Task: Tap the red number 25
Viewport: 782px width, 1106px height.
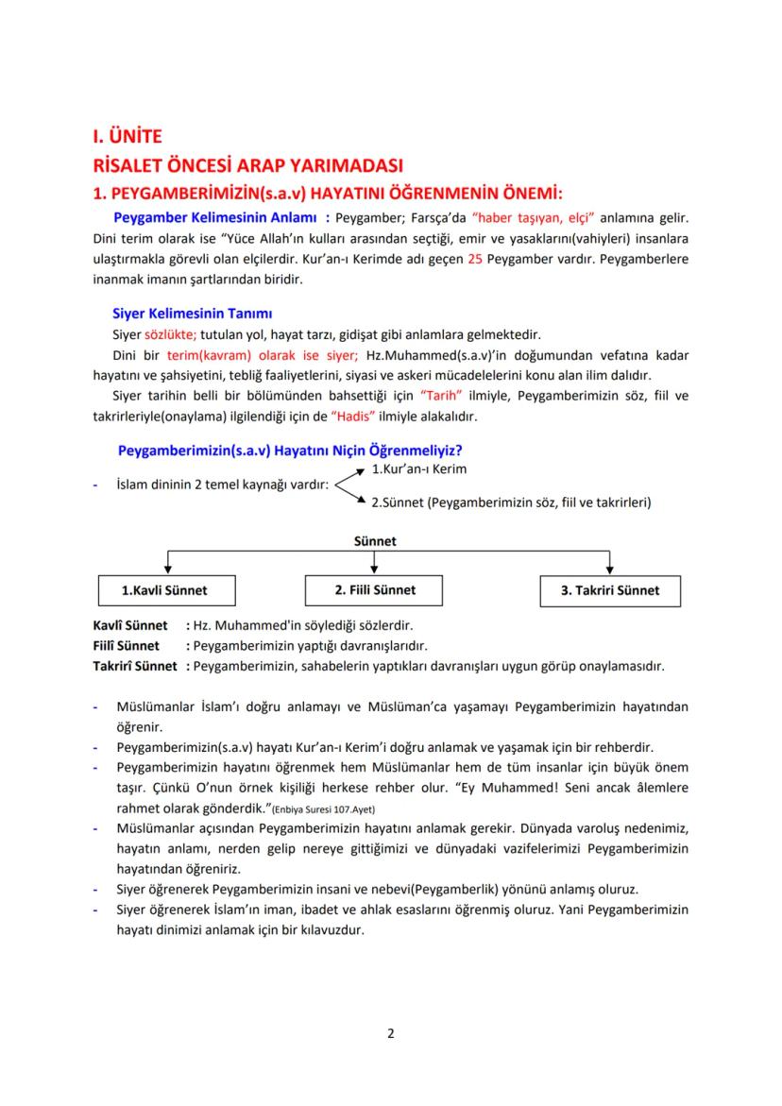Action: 475,259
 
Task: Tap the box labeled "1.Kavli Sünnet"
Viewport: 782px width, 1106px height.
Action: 165,590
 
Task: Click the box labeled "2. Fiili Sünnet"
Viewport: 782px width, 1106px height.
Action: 375,589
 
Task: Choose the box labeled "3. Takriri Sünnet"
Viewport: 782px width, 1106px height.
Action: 610,590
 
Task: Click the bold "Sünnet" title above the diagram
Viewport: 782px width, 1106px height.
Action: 375,541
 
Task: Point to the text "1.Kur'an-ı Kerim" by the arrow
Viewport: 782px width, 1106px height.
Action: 418,468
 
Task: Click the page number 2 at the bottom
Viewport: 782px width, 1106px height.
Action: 391,1032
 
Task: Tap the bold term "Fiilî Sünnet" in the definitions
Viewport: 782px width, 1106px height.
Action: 126,646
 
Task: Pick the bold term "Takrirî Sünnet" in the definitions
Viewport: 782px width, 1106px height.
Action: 135,666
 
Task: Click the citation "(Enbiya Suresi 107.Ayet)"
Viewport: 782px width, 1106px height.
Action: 323,810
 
